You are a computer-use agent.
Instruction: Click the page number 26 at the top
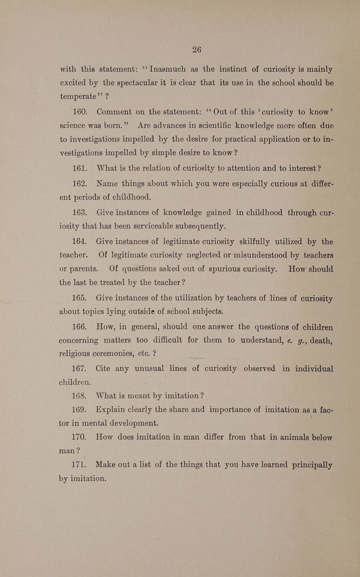point(196,50)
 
